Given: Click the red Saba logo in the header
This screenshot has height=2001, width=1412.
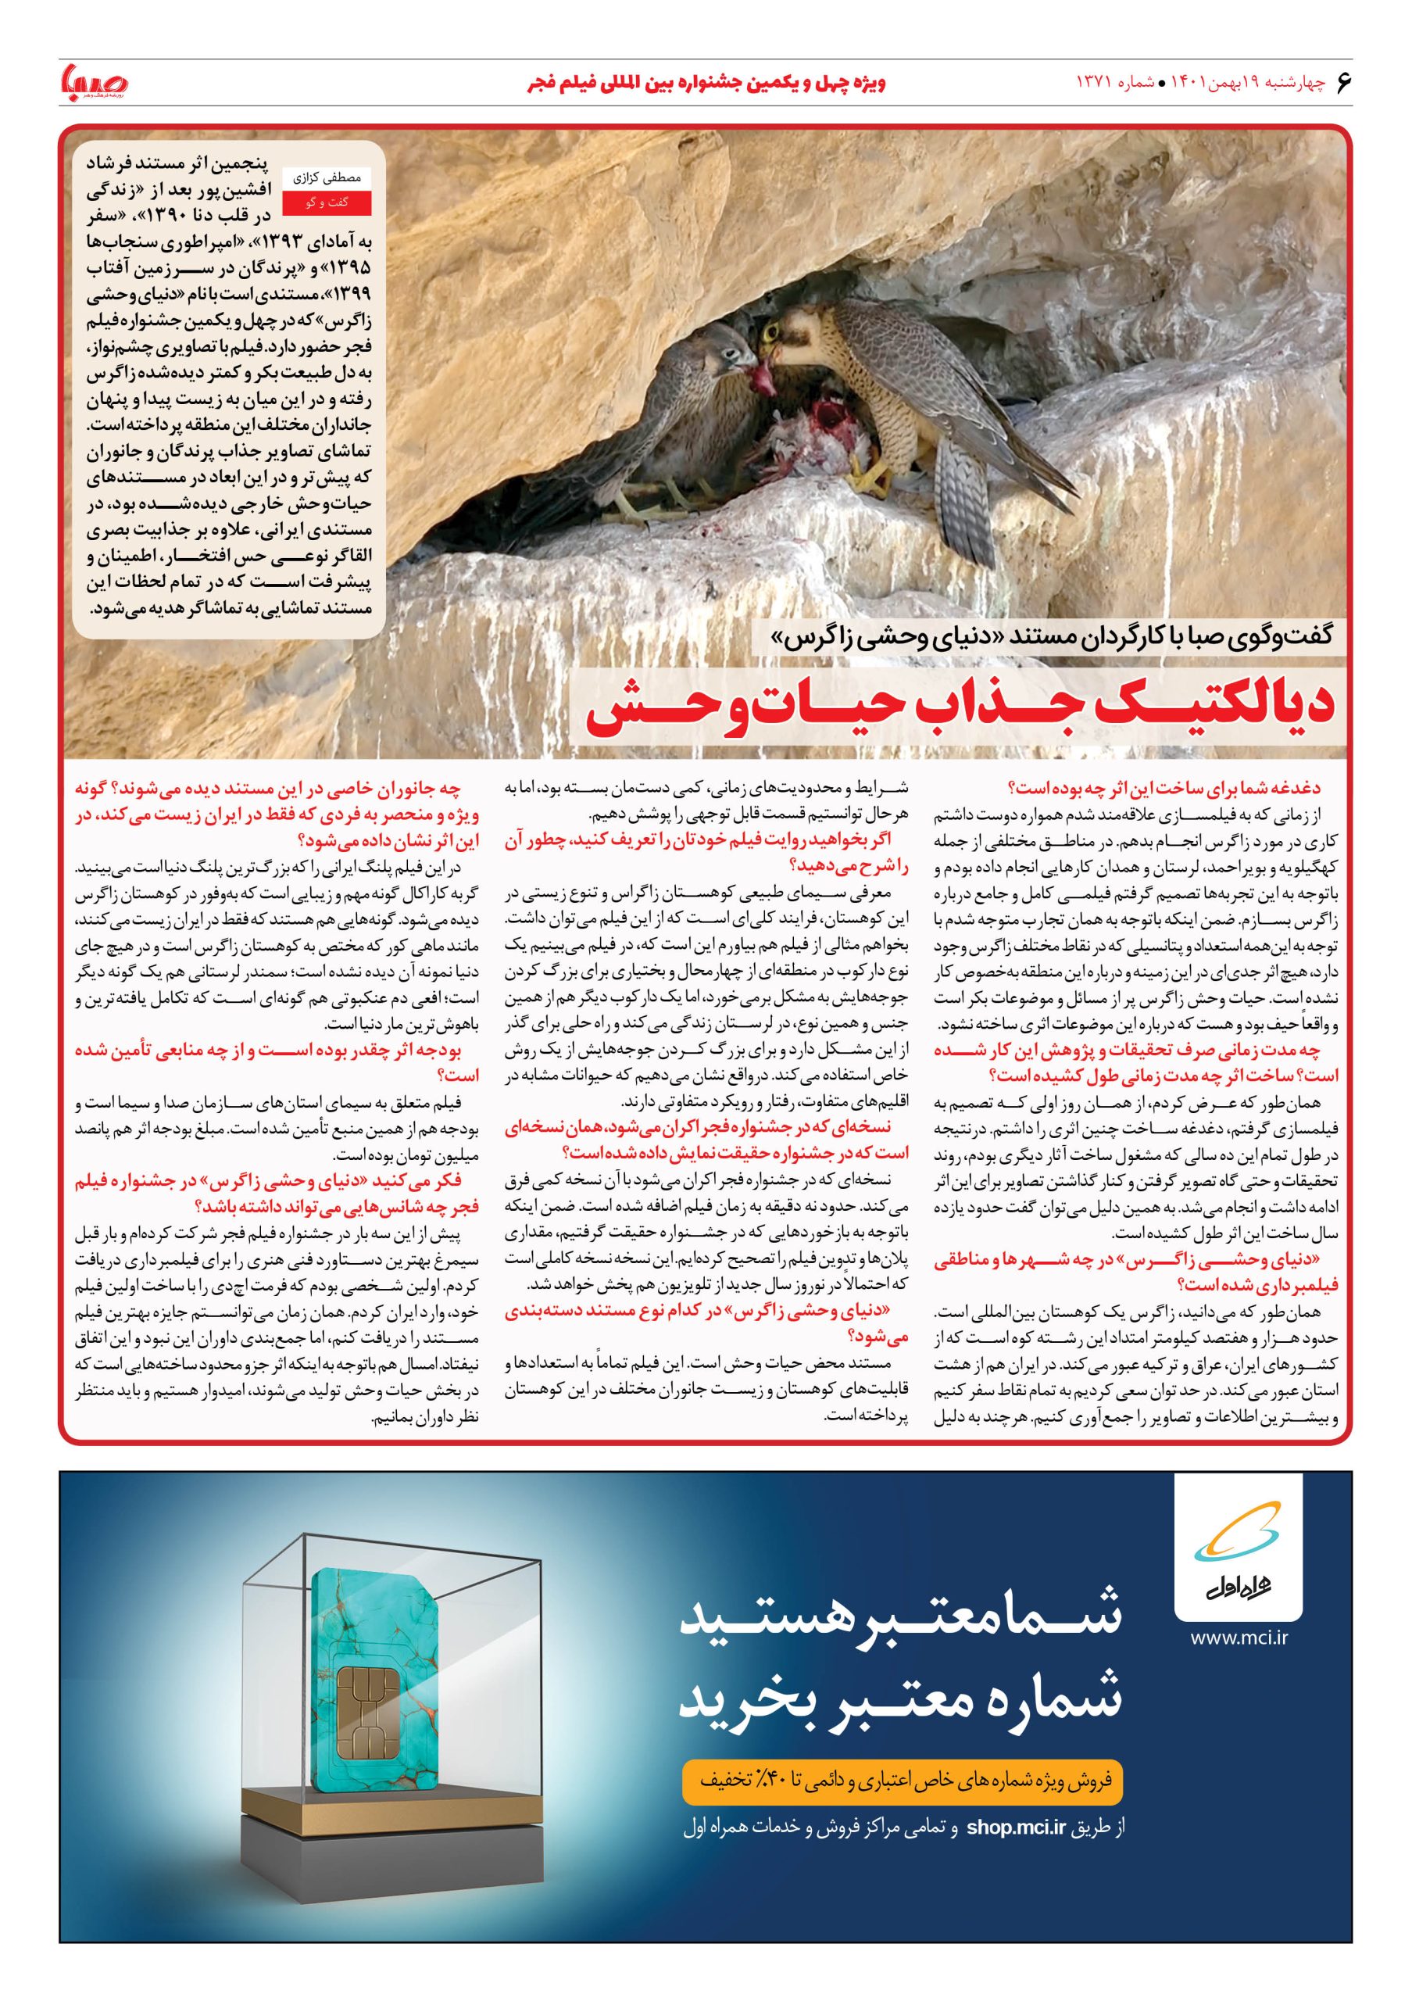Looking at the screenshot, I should click(93, 84).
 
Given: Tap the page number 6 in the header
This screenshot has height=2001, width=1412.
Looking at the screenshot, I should click(1342, 82).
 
